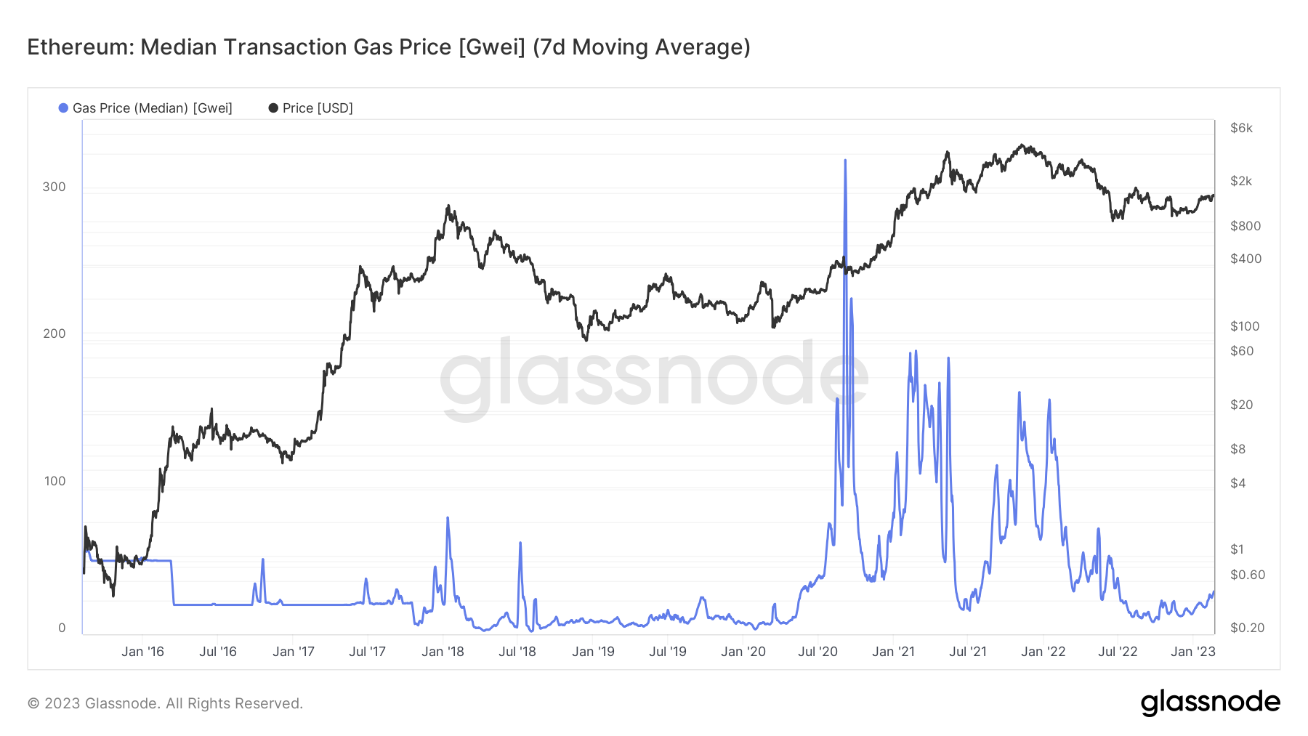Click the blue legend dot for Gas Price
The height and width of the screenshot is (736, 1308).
pyautogui.click(x=63, y=108)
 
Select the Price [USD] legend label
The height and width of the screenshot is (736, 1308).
pyautogui.click(x=318, y=108)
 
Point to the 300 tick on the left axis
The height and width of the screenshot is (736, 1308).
pyautogui.click(x=54, y=187)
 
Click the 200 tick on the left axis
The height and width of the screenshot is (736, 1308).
pyautogui.click(x=54, y=333)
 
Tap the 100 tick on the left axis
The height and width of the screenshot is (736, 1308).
pyautogui.click(x=54, y=481)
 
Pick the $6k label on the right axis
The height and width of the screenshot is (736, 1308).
pyautogui.click(x=1241, y=128)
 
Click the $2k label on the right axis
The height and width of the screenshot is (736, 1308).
pyautogui.click(x=1241, y=181)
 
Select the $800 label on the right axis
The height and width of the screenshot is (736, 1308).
pyautogui.click(x=1245, y=226)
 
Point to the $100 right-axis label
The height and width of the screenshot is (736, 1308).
pyautogui.click(x=1244, y=326)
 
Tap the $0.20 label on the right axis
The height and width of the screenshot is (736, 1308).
pyautogui.click(x=1247, y=628)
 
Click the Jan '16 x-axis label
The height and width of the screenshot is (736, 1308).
pyautogui.click(x=142, y=652)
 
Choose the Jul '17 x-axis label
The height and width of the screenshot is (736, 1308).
pyautogui.click(x=367, y=652)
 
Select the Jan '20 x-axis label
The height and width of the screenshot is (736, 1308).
pyautogui.click(x=743, y=652)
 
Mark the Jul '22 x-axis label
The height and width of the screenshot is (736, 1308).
pyautogui.click(x=1118, y=652)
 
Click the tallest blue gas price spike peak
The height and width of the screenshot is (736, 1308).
pyautogui.click(x=845, y=161)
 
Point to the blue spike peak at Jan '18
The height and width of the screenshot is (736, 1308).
pyautogui.click(x=448, y=518)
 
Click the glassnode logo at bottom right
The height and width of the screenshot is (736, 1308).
pyautogui.click(x=1210, y=703)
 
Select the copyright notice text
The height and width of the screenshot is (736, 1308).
pyautogui.click(x=165, y=703)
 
